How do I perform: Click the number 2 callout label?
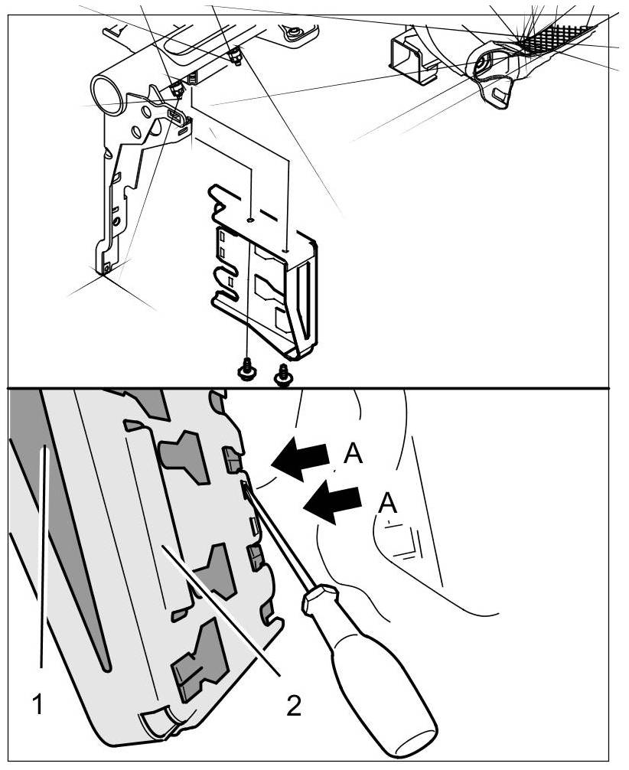pyautogui.click(x=294, y=705)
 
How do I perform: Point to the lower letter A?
pyautogui.click(x=389, y=504)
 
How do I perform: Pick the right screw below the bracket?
pyautogui.click(x=283, y=375)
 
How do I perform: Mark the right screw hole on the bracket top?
pyautogui.click(x=286, y=246)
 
